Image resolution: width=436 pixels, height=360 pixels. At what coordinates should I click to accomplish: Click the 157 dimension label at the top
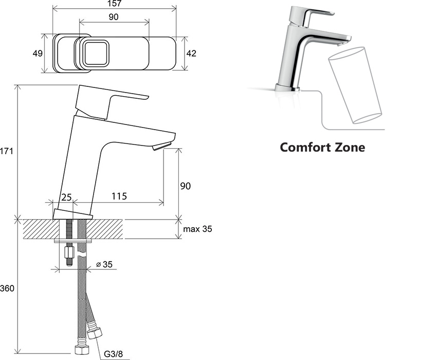tap(114, 3)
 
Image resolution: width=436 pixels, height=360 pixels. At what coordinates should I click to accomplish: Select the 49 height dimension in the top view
tap(38, 53)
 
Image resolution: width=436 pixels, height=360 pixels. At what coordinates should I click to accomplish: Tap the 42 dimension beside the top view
tap(191, 53)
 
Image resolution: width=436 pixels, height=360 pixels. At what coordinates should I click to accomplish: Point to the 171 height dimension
tap(6, 151)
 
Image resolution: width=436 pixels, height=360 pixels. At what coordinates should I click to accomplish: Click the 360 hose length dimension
tap(7, 288)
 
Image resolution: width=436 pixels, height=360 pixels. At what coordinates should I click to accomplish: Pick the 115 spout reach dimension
tap(119, 196)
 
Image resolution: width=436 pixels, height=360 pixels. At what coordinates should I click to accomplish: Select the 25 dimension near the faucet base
tap(66, 197)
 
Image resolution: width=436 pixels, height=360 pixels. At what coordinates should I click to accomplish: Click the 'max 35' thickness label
tap(197, 229)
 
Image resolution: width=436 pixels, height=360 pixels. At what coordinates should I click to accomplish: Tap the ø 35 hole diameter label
tap(104, 264)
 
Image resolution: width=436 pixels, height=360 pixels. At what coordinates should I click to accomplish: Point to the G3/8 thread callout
tap(113, 354)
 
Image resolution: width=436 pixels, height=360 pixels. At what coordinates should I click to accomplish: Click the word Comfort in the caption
tap(305, 147)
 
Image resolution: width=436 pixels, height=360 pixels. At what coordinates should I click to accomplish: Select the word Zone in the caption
tap(350, 147)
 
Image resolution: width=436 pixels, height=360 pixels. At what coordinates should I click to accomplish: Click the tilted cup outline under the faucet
tap(355, 85)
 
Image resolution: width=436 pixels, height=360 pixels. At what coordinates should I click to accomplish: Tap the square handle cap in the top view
tap(96, 53)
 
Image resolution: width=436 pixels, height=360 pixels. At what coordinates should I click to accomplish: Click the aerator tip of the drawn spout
tap(161, 146)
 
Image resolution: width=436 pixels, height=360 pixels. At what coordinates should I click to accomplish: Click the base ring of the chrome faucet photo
tap(287, 88)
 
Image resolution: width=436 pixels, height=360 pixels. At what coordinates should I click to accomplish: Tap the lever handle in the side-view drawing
tap(112, 102)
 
